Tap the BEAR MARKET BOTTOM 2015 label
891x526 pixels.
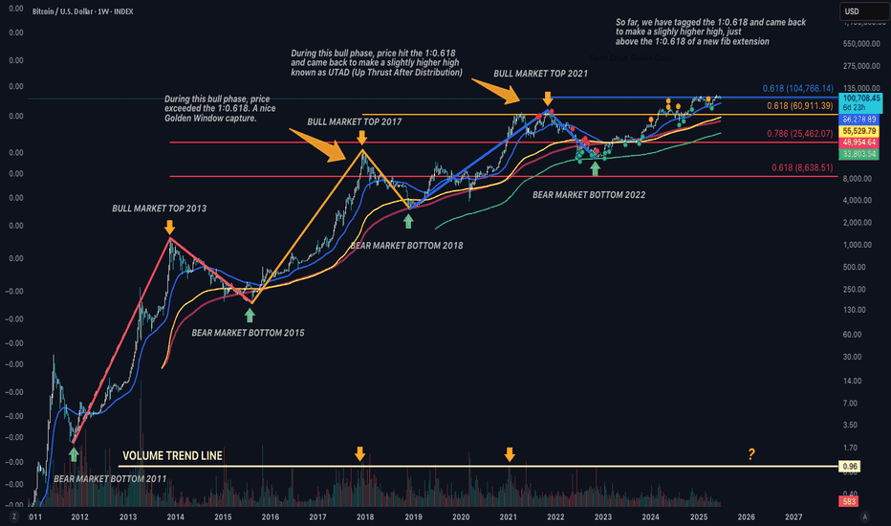pyautogui.click(x=249, y=333)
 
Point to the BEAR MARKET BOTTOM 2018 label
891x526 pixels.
pyautogui.click(x=406, y=245)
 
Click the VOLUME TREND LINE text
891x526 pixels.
pyautogui.click(x=173, y=456)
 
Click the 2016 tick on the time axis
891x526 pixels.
pyautogui.click(x=270, y=516)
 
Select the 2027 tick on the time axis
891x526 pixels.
pyautogui.click(x=793, y=516)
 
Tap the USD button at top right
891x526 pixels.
pyautogui.click(x=854, y=12)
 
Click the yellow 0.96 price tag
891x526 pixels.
pyautogui.click(x=850, y=466)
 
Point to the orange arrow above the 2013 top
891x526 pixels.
pyautogui.click(x=169, y=227)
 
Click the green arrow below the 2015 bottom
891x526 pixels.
pyautogui.click(x=250, y=313)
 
